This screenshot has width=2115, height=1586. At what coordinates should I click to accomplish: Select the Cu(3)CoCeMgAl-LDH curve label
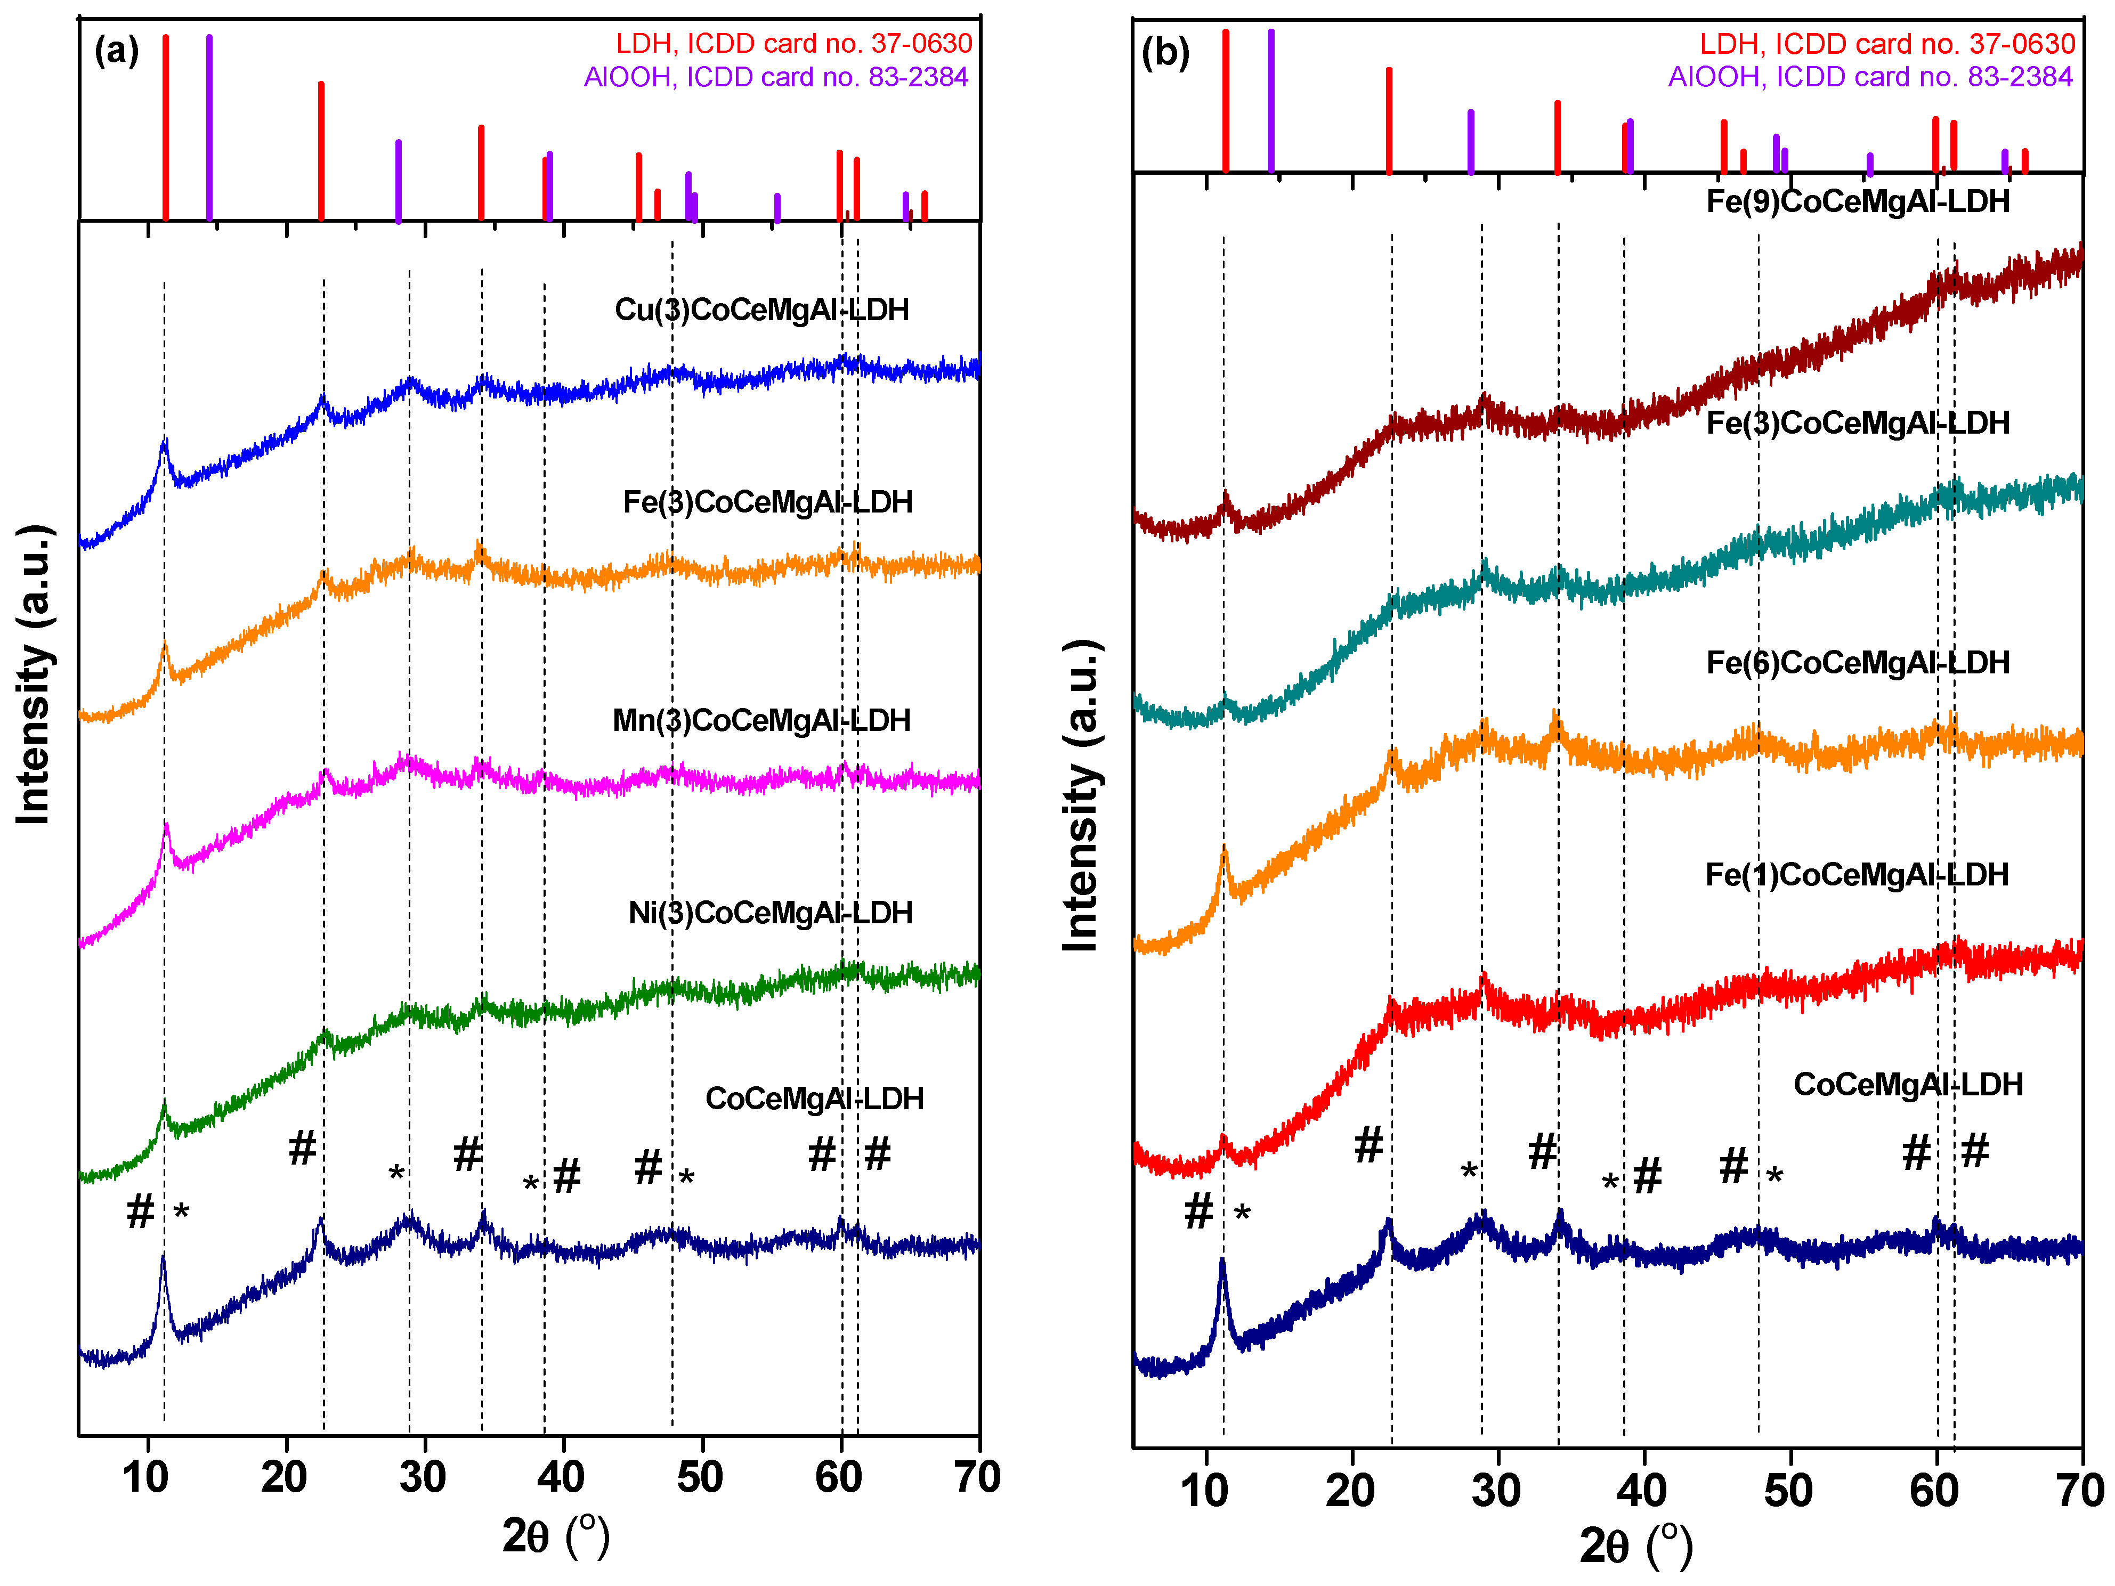click(x=761, y=310)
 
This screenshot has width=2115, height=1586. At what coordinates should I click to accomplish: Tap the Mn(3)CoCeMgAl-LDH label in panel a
click(x=761, y=720)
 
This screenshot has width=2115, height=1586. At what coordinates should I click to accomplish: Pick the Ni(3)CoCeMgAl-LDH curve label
click(x=769, y=913)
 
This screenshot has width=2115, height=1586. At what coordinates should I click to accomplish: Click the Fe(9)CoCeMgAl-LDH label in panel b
click(x=1858, y=202)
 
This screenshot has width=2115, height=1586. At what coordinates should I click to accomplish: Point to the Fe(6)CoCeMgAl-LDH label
click(x=1858, y=663)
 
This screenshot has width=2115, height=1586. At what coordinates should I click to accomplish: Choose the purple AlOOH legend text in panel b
click(x=1870, y=77)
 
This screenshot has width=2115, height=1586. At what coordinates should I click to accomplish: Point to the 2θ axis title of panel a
click(x=555, y=1536)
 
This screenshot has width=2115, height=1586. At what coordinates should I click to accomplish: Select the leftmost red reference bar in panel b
click(x=1225, y=100)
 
